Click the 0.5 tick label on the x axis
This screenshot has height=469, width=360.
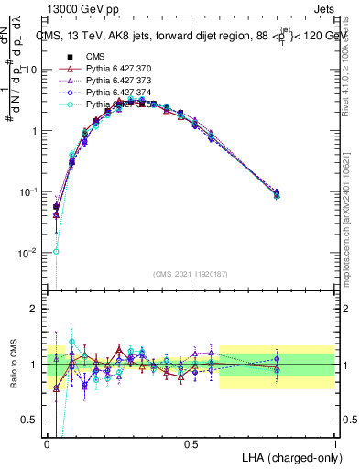point(191,443)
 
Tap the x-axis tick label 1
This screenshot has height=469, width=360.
point(335,443)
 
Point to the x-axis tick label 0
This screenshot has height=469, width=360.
point(48,443)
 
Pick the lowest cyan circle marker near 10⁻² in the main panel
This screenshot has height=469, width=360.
point(57,251)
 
